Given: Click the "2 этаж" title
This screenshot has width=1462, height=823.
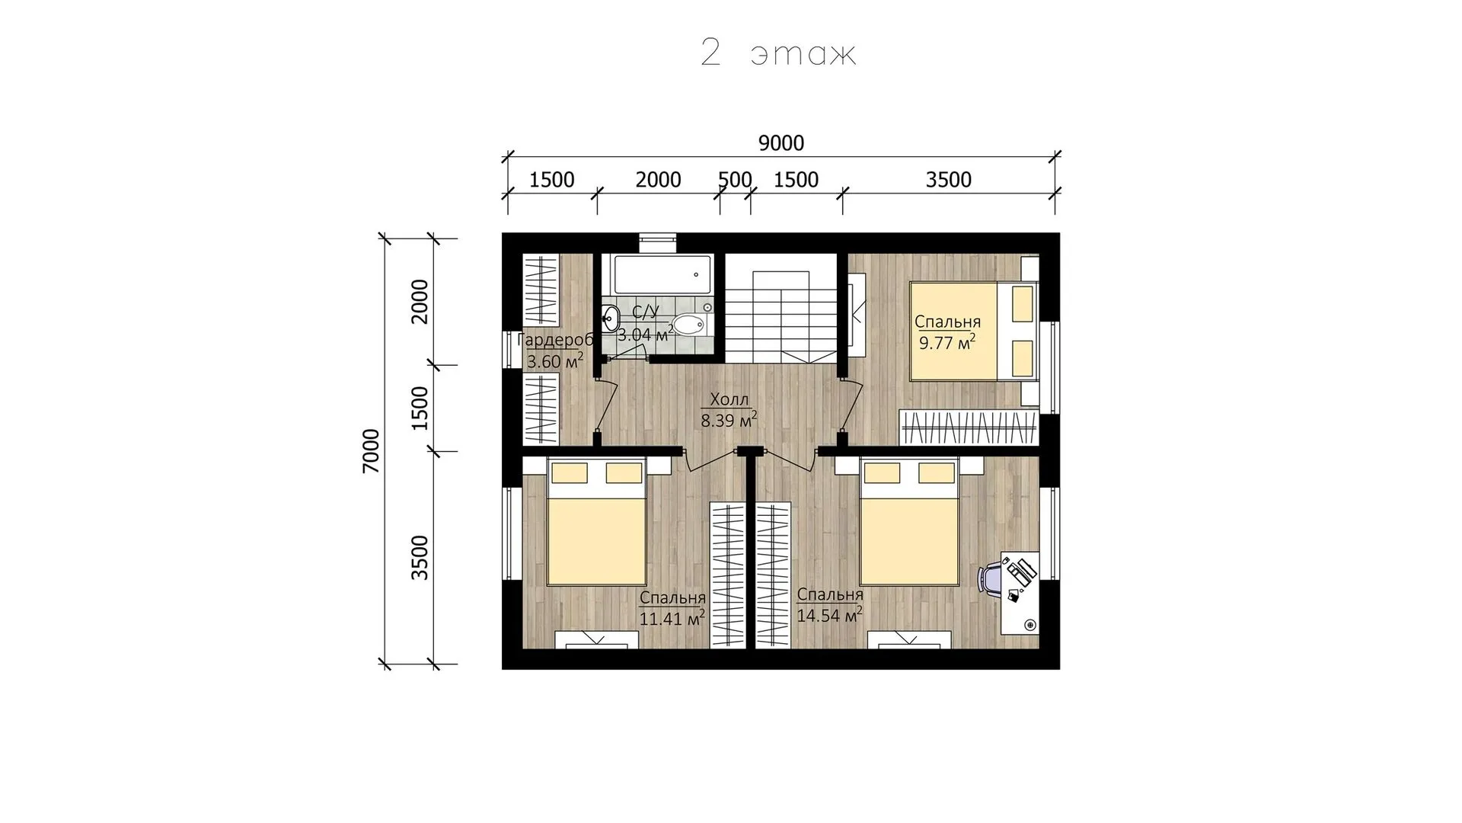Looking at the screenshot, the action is click(x=778, y=54).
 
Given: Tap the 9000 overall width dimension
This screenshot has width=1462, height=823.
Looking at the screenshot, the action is click(x=781, y=143).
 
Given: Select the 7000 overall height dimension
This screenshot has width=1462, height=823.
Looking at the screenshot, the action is click(x=371, y=450).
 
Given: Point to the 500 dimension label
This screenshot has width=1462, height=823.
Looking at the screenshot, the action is click(x=735, y=180).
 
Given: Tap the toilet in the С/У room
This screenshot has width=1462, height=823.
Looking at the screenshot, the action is click(x=693, y=325).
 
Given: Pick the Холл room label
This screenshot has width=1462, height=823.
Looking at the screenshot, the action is click(x=729, y=399).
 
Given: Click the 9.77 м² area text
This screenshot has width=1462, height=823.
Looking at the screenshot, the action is click(x=947, y=342).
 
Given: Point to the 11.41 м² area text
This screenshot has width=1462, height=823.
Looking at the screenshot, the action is click(x=672, y=618).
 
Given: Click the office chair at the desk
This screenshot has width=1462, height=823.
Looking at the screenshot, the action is click(x=993, y=578).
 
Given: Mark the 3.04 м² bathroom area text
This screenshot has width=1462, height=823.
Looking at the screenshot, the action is click(x=646, y=335).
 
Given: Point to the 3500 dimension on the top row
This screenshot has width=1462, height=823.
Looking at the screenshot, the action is click(x=949, y=180).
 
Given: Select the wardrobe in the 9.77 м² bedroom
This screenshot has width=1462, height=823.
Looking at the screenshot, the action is click(x=969, y=428).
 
